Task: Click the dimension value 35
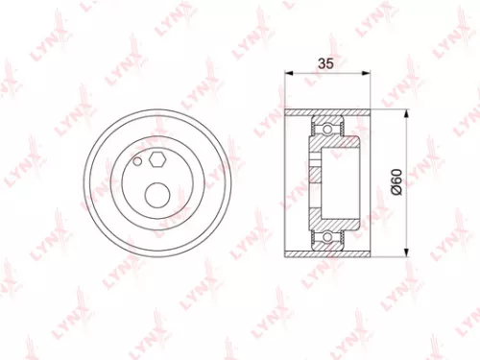[x=325, y=65]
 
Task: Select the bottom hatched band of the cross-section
[x=325, y=252]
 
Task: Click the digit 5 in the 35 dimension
[x=330, y=65]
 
